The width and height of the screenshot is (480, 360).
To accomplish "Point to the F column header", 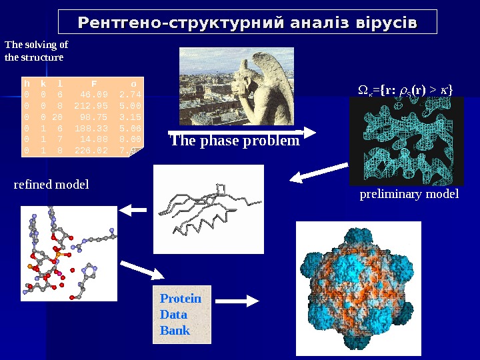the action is point(94,85).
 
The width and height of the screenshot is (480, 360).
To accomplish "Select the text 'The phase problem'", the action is point(234,141).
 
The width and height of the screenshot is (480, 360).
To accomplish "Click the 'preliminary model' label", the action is point(409,194).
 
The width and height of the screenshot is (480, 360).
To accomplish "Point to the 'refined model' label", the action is point(51,184).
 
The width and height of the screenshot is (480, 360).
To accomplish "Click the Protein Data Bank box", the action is point(181,315).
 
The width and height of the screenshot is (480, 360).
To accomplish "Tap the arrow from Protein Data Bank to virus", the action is point(238,301).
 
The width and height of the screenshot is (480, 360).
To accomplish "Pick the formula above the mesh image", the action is point(403,89).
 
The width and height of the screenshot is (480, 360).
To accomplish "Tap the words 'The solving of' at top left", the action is point(36,45).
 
